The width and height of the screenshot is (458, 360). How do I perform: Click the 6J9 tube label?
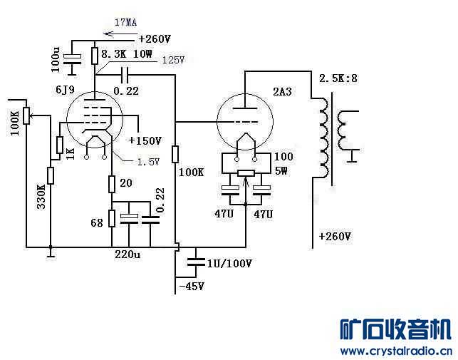click(x=65, y=90)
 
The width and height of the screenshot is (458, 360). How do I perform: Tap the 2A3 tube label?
click(x=283, y=91)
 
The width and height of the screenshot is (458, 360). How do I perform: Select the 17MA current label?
click(x=125, y=22)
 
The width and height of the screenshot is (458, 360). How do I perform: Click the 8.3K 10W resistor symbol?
click(x=94, y=56)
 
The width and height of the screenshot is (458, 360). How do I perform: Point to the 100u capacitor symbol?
click(x=72, y=58)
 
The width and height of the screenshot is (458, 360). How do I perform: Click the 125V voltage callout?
click(x=174, y=60)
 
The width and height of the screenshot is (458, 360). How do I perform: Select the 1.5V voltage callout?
click(x=148, y=161)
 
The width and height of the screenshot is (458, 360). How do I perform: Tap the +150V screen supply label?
click(x=145, y=140)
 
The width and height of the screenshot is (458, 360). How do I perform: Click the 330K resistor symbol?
click(x=51, y=175)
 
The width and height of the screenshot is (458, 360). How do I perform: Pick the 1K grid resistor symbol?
click(x=60, y=145)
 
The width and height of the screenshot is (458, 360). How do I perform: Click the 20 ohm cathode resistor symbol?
click(x=112, y=184)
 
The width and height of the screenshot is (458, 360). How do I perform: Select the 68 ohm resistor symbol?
click(x=112, y=218)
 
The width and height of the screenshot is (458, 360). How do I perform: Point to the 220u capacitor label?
click(x=127, y=254)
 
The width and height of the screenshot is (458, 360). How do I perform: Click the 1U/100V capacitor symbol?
click(x=196, y=262)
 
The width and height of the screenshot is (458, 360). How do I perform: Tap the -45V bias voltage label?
click(x=192, y=287)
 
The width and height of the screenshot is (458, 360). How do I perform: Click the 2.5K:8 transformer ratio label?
click(x=338, y=78)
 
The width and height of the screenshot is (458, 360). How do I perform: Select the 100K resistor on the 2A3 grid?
click(x=175, y=155)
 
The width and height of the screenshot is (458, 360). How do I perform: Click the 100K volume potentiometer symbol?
click(x=26, y=115)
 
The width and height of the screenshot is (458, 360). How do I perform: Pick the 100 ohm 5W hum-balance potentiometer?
click(x=246, y=173)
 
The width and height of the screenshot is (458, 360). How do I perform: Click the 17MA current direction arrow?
click(x=120, y=34)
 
